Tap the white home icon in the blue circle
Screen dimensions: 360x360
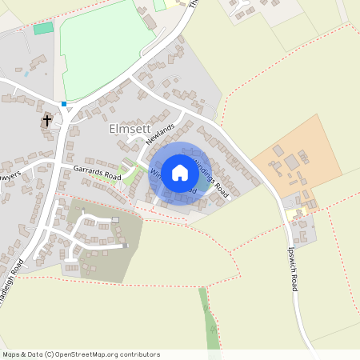coord(180,173)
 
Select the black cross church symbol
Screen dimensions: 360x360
coord(47,121)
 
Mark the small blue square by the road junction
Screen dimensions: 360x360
coord(64,103)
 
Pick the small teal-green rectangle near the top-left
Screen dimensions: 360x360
coord(43,28)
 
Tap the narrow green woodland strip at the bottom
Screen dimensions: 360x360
coord(208,320)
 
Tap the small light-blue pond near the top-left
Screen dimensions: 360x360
coord(26,74)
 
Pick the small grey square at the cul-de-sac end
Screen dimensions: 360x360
coord(115,219)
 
